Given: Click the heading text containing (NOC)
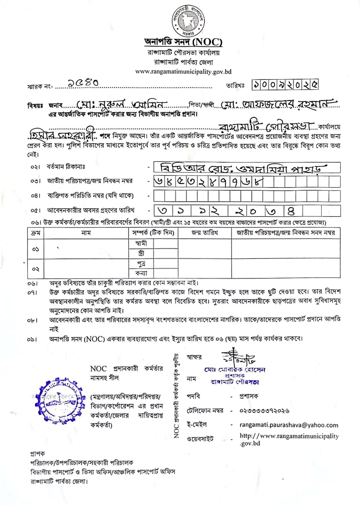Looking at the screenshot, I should [x=183, y=42].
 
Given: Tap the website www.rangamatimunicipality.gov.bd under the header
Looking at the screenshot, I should [x=183, y=72].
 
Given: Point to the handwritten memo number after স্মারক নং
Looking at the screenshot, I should [x=83, y=83].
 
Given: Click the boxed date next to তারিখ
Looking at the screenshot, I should [x=285, y=85].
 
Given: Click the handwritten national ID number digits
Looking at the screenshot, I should [x=209, y=182].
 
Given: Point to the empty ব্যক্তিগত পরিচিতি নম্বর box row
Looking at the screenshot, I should [x=247, y=196].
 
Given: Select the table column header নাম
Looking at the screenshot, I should [x=86, y=233].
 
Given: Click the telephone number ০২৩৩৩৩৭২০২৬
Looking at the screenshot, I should [x=264, y=411].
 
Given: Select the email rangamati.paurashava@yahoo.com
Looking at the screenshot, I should [x=289, y=425].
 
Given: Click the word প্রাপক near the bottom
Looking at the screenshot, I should [x=37, y=454].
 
